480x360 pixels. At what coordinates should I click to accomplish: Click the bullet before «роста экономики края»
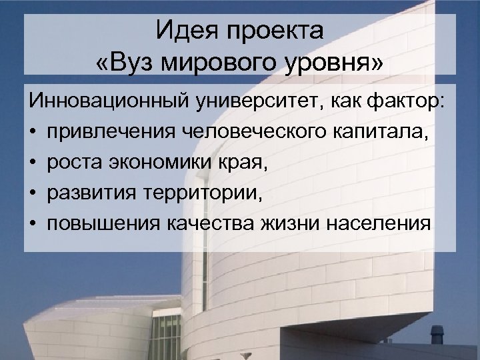(x=33, y=163)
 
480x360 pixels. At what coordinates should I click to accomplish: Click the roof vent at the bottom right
(x=437, y=334)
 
